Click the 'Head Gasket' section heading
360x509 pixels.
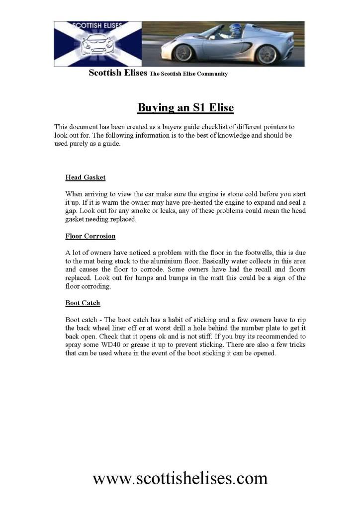tap(85, 177)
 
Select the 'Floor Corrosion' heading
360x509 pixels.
tap(90, 236)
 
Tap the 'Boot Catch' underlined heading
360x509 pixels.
tap(83, 302)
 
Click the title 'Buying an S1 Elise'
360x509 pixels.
tap(185, 107)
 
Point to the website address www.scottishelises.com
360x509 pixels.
tap(180, 478)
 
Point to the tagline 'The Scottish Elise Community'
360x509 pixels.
tap(188, 74)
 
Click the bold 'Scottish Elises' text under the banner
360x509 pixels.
tap(118, 73)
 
